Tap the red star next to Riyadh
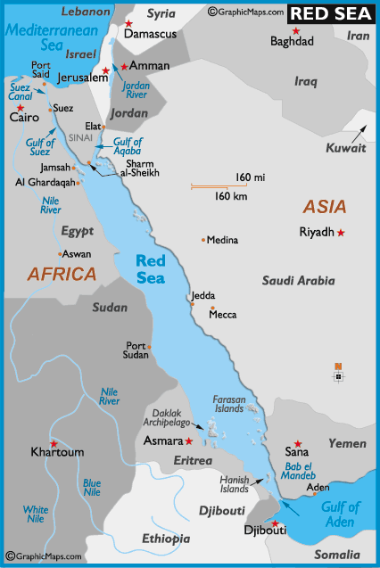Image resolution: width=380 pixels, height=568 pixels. [340, 233]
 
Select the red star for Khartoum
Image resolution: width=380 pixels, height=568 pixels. [54, 443]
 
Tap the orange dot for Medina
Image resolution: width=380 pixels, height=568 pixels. [203, 240]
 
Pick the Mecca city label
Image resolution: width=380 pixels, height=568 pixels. [223, 315]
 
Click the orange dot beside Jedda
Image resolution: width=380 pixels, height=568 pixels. [192, 303]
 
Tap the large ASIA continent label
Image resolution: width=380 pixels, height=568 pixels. [324, 207]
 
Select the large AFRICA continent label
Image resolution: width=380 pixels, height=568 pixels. [62, 274]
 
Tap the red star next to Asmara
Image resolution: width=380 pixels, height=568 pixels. [188, 440]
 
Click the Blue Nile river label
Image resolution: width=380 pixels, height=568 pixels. [92, 487]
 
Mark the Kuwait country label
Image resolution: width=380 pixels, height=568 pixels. [346, 148]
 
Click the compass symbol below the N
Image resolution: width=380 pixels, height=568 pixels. [338, 376]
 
